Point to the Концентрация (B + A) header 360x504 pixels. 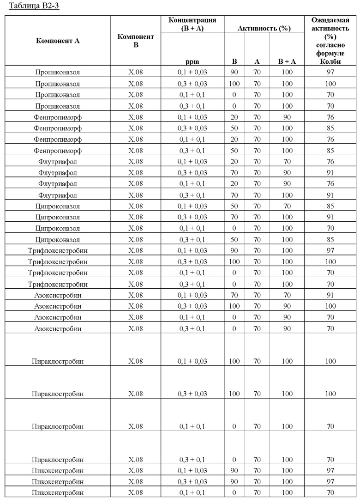[x=192, y=24]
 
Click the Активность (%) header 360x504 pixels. [x=264, y=28]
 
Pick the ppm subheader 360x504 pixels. [x=192, y=61]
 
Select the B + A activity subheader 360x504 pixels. [x=287, y=61]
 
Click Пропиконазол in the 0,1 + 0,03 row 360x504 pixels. [x=58, y=73]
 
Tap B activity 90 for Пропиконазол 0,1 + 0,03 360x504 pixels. [x=234, y=73]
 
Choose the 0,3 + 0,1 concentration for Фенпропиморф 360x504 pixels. [x=192, y=151]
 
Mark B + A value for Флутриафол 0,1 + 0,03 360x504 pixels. [x=287, y=162]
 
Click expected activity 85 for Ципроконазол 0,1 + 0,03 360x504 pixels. [x=330, y=206]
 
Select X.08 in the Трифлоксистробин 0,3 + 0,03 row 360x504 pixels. [x=136, y=262]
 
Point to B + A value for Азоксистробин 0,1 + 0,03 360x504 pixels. [x=287, y=295]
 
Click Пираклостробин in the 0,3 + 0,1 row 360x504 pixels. [x=58, y=460]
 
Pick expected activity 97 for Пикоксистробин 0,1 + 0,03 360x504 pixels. [x=330, y=471]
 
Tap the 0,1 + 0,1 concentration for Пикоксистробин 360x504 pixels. [x=192, y=493]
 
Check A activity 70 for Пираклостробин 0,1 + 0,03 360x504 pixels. [x=257, y=361]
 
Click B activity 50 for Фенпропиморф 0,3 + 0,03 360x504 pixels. [x=234, y=128]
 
